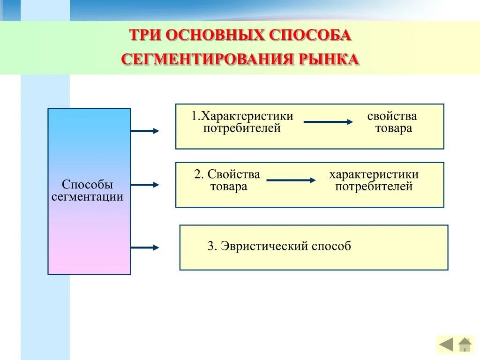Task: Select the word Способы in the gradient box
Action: pos(88,185)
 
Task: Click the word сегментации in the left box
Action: pos(88,196)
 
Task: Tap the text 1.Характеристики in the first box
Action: pos(242,116)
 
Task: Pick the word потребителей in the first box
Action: pos(242,128)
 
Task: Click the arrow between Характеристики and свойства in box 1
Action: pos(328,122)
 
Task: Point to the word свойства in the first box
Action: pos(392,116)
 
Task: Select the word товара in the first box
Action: pos(393,128)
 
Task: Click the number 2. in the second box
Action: pos(199,175)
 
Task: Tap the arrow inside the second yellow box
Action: pos(291,180)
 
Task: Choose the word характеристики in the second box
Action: pos(374,175)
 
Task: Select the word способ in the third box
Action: pos(333,246)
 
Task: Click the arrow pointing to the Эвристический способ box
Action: pos(145,247)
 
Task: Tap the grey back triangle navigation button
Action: pos(446,345)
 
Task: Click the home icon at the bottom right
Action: pos(465,345)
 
